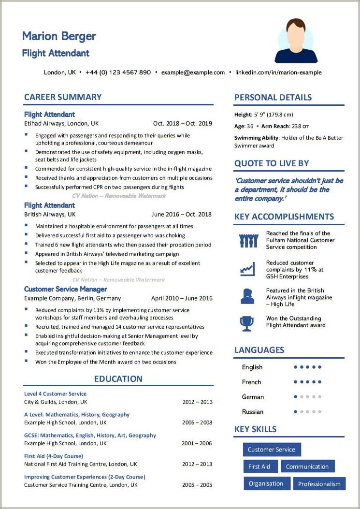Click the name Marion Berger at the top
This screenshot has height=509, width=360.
[x=59, y=36]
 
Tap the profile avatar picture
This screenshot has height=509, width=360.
[x=296, y=41]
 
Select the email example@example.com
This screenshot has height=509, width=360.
[x=193, y=73]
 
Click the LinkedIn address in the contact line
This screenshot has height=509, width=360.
[x=278, y=73]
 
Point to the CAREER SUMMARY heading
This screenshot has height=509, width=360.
[x=63, y=97]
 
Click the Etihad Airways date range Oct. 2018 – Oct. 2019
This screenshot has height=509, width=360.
[x=182, y=123]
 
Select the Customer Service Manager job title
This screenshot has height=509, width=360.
[x=66, y=289]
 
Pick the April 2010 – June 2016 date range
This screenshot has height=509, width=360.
[x=181, y=298]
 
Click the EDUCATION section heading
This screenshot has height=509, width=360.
[x=118, y=379]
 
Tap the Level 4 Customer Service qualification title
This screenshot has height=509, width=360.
[x=56, y=394]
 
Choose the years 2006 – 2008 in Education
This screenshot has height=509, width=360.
[x=197, y=422]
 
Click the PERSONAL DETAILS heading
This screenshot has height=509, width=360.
[x=273, y=98]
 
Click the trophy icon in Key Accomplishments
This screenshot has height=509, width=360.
[x=247, y=322]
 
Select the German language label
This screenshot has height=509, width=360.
[x=253, y=397]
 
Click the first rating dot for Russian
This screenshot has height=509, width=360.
[x=295, y=412]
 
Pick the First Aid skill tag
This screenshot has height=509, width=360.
[x=259, y=466]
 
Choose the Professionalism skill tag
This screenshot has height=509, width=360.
[x=319, y=484]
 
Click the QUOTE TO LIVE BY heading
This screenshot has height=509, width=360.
[x=272, y=163]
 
